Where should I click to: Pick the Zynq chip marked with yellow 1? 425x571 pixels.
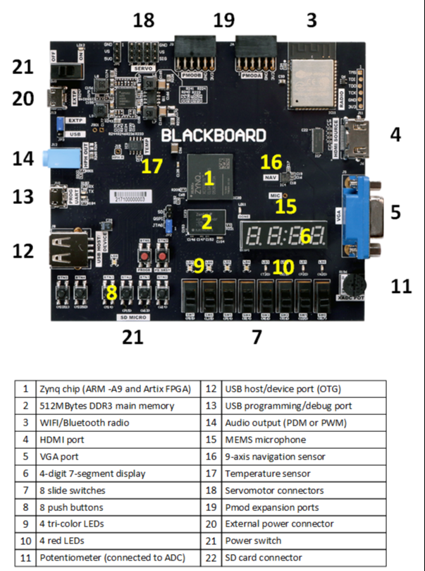[x=208, y=177]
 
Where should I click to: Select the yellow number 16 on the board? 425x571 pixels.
[x=271, y=162]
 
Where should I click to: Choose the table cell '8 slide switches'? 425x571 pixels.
[x=68, y=490]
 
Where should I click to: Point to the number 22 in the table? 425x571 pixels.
[x=211, y=558]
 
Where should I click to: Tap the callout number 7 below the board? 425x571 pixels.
[x=257, y=337]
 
